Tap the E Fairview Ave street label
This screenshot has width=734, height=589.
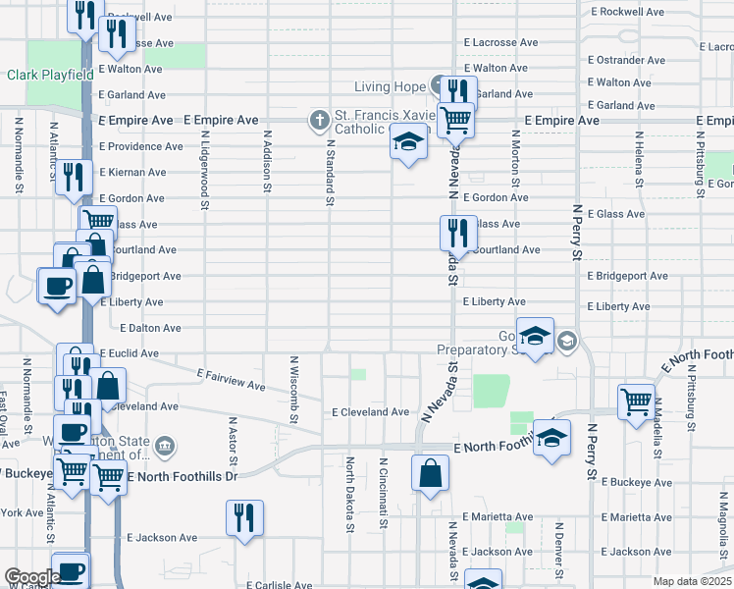pos(233,380)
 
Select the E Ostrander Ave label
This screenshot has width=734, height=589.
pos(629,60)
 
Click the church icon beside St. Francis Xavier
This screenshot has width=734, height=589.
pos(318,121)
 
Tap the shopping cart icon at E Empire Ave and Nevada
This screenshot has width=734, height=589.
pos(455,120)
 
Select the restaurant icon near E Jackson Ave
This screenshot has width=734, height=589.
pos(243,516)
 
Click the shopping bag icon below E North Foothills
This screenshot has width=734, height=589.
pos(430,473)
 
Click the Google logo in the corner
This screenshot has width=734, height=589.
pos(30,577)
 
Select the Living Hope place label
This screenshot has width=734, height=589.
pos(390,87)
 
